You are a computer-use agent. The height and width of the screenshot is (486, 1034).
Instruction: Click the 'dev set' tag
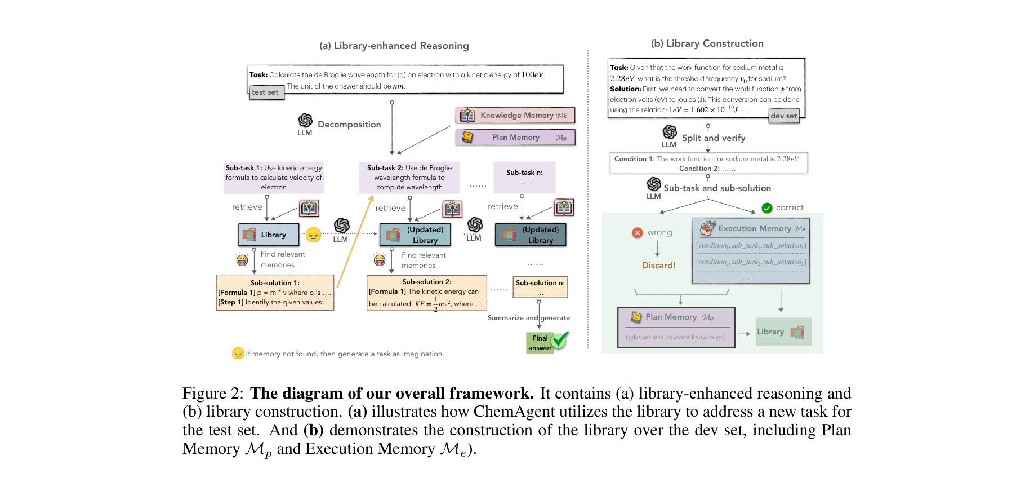[x=783, y=116]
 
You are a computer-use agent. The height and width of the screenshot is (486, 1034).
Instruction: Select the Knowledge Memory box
[x=515, y=116]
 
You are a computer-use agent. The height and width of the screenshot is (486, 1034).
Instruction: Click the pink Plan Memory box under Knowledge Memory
[x=515, y=138]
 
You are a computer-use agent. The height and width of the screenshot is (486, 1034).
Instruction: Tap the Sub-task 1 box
[x=274, y=178]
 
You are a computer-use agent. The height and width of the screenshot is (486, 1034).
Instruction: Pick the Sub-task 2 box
[x=409, y=178]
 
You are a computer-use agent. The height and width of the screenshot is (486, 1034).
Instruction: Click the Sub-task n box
[x=524, y=177]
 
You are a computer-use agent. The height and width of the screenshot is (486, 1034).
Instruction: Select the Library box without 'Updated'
[x=269, y=235]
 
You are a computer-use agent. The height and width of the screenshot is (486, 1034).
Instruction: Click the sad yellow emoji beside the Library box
[x=313, y=235]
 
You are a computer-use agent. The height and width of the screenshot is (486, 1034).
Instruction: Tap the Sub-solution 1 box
[x=275, y=293]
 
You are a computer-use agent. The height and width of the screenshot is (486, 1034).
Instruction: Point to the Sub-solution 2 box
[x=426, y=293]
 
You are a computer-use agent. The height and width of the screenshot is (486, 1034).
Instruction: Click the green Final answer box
[x=540, y=343]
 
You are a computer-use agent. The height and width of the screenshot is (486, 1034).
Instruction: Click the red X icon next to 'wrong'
[x=638, y=233]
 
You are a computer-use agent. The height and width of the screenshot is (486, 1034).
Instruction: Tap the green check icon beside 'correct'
[x=766, y=208]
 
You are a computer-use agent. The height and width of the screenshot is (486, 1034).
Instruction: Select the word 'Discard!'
[x=658, y=266]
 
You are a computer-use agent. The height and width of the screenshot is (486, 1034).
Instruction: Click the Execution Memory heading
[x=754, y=228]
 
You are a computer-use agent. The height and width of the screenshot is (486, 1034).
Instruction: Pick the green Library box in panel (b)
[x=783, y=332]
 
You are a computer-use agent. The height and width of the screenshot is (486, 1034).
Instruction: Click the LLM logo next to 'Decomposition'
[x=305, y=120]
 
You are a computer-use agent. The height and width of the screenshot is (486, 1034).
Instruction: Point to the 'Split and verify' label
[x=714, y=138]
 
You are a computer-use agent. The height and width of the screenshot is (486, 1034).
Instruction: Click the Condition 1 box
[x=708, y=163]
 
